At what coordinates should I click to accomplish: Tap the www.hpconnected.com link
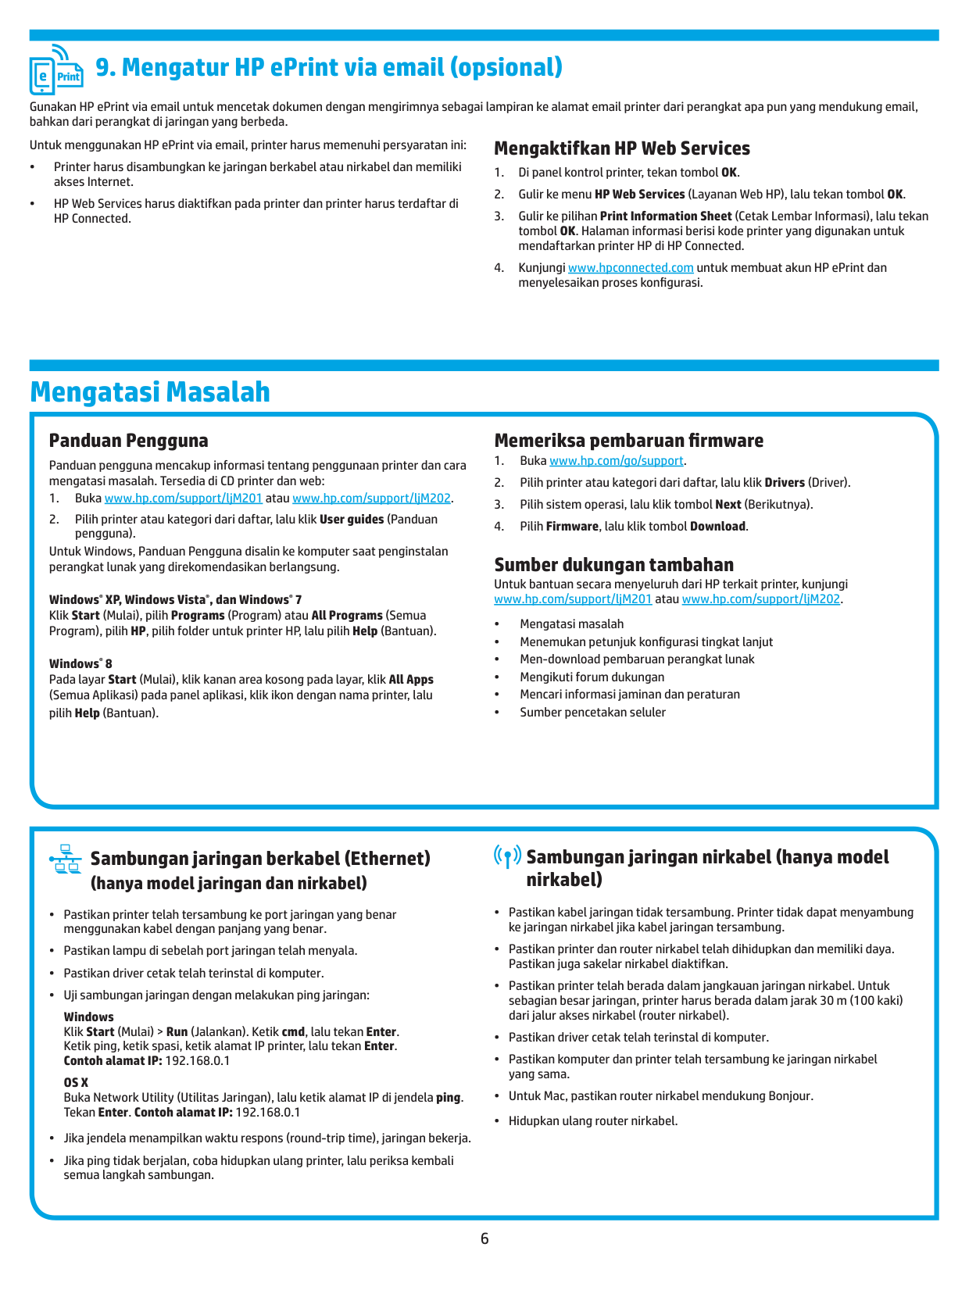[631, 268]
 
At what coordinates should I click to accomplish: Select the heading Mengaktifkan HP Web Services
[622, 148]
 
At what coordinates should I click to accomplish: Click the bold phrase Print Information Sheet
[666, 216]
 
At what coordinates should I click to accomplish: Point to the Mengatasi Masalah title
[150, 392]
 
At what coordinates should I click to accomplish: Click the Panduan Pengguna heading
[129, 441]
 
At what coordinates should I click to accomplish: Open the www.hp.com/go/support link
[617, 461]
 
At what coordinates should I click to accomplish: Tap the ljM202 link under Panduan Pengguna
[372, 498]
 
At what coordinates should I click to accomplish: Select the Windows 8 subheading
[80, 664]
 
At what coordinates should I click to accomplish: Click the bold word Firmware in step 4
[572, 527]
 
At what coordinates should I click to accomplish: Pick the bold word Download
[717, 527]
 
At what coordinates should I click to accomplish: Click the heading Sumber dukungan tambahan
[613, 565]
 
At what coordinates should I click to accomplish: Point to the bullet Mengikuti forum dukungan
[592, 677]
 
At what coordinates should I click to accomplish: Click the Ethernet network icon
[66, 859]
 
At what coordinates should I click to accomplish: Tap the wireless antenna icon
[508, 856]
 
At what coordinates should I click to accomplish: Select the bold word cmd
[293, 1032]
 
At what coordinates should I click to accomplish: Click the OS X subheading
[76, 1083]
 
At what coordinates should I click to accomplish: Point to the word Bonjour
[789, 1096]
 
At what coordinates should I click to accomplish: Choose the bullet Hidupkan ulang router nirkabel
[593, 1121]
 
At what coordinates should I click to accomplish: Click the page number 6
[484, 1239]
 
